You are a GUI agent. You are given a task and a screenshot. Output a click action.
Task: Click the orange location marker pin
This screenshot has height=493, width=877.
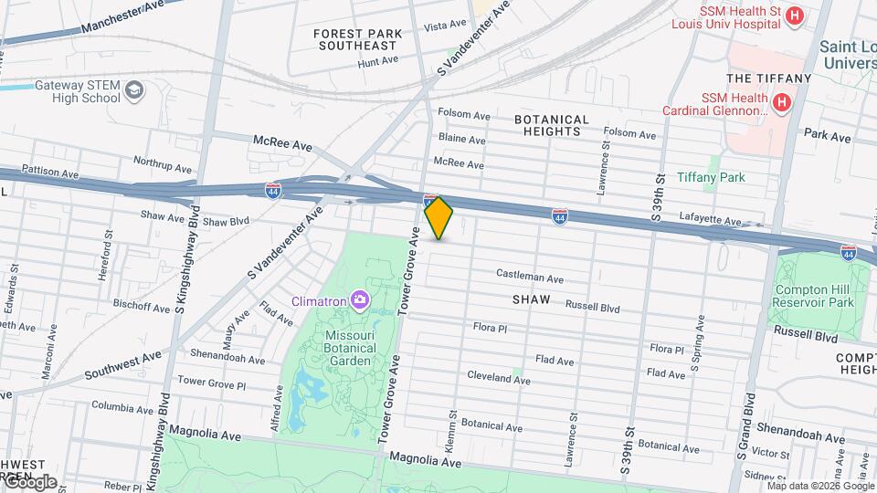(x=438, y=218)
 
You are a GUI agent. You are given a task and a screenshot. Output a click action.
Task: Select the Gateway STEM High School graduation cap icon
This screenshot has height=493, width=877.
(x=134, y=90)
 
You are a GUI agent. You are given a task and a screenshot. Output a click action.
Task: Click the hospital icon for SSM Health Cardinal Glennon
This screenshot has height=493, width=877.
(x=781, y=104)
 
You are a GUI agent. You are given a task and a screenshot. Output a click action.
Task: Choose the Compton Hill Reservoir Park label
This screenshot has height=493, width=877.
(x=813, y=296)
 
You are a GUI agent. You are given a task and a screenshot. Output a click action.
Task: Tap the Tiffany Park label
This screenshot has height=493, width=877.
(x=711, y=177)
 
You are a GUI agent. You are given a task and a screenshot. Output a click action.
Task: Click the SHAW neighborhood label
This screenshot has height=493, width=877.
(x=531, y=299)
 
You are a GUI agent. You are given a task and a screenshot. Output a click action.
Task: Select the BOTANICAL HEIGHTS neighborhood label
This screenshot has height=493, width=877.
(x=547, y=125)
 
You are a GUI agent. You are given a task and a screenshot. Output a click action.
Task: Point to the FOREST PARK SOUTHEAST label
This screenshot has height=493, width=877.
(x=355, y=38)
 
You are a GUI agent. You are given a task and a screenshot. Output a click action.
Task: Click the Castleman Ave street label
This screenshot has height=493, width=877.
(x=530, y=276)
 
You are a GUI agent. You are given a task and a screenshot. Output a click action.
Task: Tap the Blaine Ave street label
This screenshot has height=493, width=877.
(x=461, y=139)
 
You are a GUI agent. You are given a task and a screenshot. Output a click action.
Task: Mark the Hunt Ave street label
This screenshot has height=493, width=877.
(x=378, y=61)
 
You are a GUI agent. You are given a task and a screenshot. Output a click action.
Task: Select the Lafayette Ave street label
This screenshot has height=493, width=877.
(x=711, y=220)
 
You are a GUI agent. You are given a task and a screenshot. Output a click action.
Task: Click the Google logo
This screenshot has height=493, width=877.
(x=29, y=481)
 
